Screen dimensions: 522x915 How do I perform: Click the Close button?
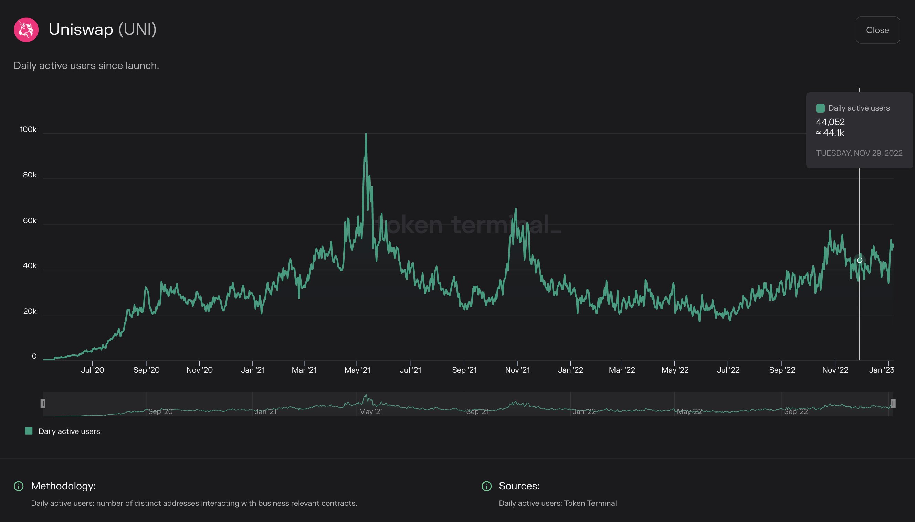pos(877,30)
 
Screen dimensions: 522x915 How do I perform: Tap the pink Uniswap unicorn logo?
pos(26,30)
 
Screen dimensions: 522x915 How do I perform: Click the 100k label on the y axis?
pos(28,129)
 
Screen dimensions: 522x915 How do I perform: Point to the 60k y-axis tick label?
pos(29,220)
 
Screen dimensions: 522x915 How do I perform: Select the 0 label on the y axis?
pos(34,356)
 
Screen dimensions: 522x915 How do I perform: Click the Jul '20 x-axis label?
pos(93,370)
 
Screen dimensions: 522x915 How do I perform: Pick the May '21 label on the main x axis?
pos(357,370)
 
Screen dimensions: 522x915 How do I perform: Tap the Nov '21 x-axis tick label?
pos(517,370)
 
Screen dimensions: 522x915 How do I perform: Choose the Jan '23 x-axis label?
pos(881,370)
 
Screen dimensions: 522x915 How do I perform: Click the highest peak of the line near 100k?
pos(366,134)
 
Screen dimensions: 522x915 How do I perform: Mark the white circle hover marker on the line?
pos(859,260)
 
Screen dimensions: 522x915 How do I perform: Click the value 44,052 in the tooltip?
pos(830,122)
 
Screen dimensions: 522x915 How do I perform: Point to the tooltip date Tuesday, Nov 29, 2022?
pos(859,153)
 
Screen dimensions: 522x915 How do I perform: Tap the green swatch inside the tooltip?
pos(820,108)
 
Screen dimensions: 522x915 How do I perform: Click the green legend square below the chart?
pos(29,431)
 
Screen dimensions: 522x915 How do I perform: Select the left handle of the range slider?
pos(43,404)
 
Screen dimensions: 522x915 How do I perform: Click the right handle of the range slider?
pos(893,404)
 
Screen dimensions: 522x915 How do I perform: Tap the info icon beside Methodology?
pos(19,486)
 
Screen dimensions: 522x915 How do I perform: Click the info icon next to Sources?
pos(486,486)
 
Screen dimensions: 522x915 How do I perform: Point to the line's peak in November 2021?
pos(516,209)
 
